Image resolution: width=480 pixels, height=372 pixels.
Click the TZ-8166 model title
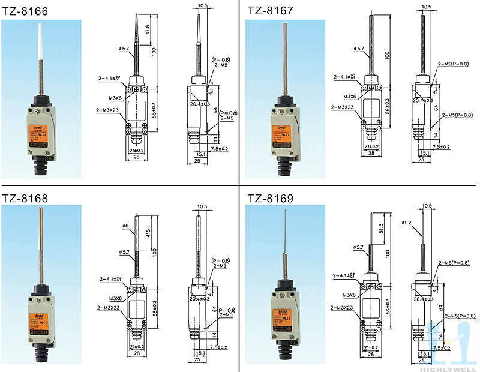25,10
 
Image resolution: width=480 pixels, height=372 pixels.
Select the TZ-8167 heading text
270,10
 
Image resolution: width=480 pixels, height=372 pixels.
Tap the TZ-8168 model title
25,198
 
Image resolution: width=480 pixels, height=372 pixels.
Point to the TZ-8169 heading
270,198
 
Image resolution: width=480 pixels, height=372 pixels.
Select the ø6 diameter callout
125,226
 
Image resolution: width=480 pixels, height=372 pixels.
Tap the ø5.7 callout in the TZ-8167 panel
358,48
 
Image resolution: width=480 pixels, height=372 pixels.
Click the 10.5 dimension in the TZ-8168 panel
202,207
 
